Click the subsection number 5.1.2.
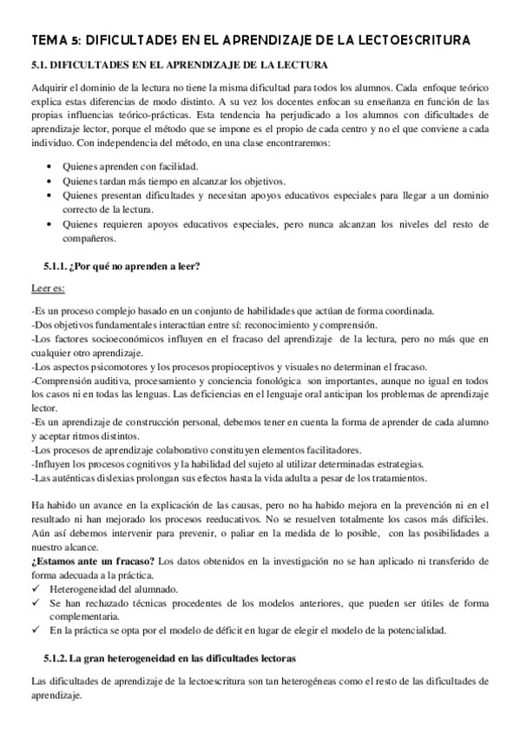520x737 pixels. click(x=57, y=659)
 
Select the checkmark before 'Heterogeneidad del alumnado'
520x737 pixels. click(x=36, y=588)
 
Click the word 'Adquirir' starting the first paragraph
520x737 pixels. click(x=50, y=88)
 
